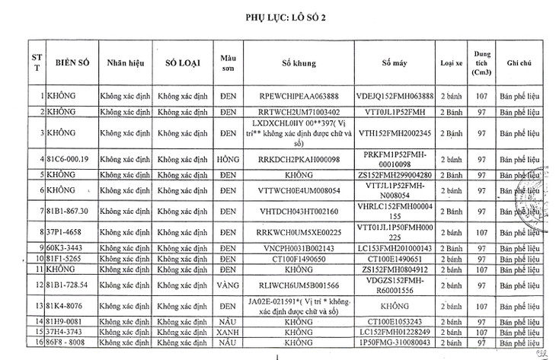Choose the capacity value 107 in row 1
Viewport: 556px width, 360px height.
tap(481, 97)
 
